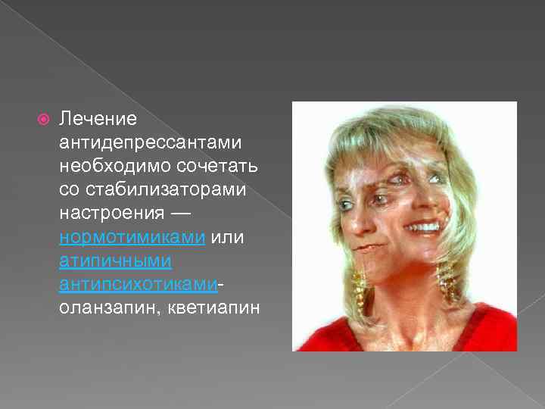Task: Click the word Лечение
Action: click(98, 119)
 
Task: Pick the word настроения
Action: click(111, 213)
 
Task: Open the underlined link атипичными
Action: click(115, 260)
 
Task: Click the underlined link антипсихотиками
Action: click(139, 283)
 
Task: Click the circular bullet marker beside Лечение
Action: click(43, 119)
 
